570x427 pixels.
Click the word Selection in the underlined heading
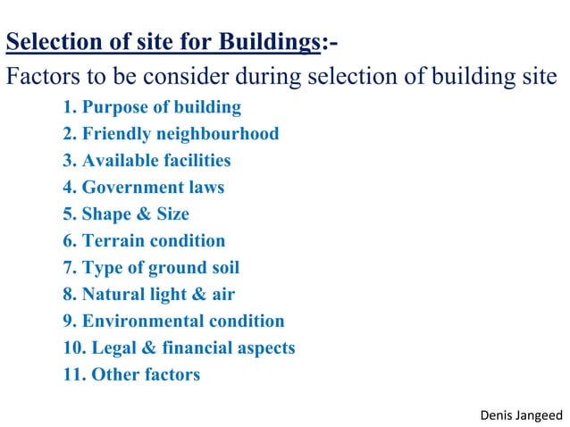[x=48, y=42]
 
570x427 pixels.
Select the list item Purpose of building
[x=152, y=107]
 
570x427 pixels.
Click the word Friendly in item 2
[x=115, y=134]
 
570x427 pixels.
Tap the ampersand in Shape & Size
[x=146, y=214]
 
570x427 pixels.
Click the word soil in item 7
[x=222, y=268]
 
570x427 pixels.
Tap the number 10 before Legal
[x=72, y=348]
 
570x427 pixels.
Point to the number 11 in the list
[x=72, y=375]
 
